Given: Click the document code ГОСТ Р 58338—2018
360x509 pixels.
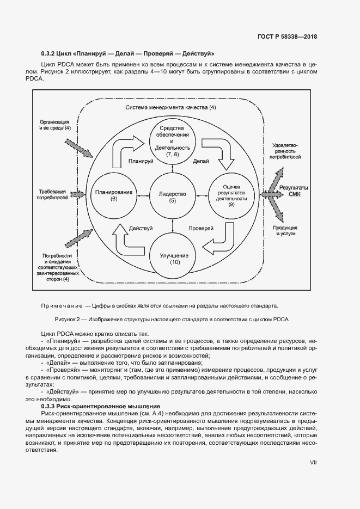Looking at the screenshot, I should [x=287, y=37].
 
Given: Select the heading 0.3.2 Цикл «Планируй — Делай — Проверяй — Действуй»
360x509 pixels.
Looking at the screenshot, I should [x=127, y=54].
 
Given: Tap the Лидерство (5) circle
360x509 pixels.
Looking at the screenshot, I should [x=173, y=197].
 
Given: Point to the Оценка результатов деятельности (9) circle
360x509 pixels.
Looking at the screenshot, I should [x=231, y=196].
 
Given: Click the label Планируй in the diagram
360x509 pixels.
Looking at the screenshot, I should [x=140, y=161].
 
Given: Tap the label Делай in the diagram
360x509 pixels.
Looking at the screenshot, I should [x=201, y=161].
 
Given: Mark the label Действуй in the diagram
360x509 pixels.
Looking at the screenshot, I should [x=141, y=228].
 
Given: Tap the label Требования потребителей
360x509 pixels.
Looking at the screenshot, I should [x=53, y=195].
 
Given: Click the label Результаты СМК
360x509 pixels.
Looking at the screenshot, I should [x=294, y=191].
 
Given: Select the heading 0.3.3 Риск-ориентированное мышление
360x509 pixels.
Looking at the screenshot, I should [x=100, y=406].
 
